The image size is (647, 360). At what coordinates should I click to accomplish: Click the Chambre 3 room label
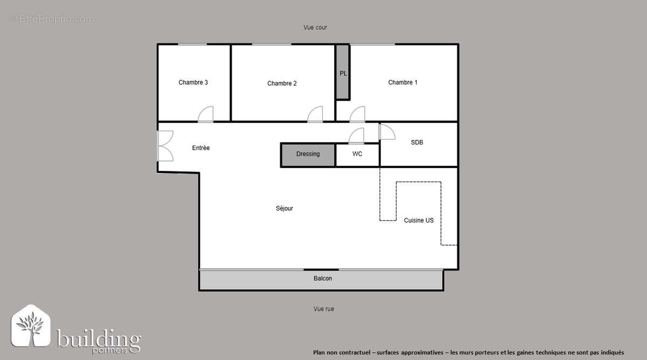coord(193,82)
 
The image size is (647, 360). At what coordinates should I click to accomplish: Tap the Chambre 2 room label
coord(282,84)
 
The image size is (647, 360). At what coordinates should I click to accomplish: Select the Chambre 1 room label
coord(403,82)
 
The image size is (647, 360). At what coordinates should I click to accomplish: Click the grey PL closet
coord(343,73)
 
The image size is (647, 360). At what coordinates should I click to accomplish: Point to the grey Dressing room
coord(308,154)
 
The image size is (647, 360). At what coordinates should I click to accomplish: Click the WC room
coord(357,155)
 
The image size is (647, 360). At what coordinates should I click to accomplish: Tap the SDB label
coord(417,143)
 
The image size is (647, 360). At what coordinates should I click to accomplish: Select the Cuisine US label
coord(418,220)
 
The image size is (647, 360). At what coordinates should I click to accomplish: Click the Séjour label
coord(284,209)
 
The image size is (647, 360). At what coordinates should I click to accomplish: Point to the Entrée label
coord(201,148)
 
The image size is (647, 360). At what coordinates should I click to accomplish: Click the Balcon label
coord(322,279)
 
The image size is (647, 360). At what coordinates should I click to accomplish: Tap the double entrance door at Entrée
coord(165,146)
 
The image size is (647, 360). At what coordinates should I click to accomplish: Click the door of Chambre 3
coord(206,115)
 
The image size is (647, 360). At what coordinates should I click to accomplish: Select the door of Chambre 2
coord(315,115)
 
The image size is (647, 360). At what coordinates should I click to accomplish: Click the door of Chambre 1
coord(357,115)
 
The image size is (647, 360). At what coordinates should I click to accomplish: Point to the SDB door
coord(387,131)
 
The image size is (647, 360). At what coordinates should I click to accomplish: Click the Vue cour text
coord(315,27)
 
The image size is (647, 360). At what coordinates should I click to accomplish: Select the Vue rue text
coord(323,309)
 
